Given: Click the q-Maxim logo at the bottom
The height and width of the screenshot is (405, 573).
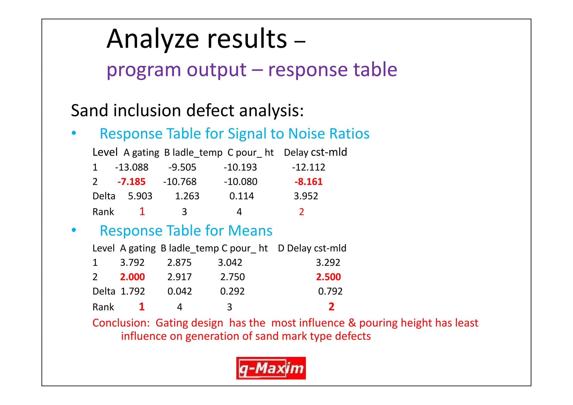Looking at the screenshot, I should (271, 368).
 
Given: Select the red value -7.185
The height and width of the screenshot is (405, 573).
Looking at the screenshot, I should (131, 182).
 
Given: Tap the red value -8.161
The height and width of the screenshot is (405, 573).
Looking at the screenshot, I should (308, 182).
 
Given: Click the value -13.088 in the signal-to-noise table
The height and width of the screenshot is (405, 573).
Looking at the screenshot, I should (131, 167).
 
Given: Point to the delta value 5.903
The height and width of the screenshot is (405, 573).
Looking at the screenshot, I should (140, 196).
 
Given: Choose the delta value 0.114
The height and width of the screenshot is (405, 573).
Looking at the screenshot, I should (241, 196).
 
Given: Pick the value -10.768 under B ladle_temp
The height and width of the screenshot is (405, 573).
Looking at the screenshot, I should (180, 182).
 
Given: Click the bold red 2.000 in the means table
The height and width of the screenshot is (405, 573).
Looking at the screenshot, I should (132, 277).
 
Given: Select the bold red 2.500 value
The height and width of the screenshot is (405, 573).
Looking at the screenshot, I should (328, 277).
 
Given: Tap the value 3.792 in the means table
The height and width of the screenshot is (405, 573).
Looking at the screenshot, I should (132, 263).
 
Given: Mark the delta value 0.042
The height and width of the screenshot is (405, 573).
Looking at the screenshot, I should (180, 291).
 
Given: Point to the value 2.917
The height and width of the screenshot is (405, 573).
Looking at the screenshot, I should (179, 277).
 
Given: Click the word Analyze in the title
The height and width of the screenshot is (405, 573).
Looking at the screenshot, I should (153, 39).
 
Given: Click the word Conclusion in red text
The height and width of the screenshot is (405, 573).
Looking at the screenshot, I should (121, 323).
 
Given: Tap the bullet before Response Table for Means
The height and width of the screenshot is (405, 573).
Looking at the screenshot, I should (74, 230).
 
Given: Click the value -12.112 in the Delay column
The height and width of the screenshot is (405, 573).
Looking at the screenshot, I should (308, 167).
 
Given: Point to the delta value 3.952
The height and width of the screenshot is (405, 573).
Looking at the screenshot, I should (306, 196).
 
